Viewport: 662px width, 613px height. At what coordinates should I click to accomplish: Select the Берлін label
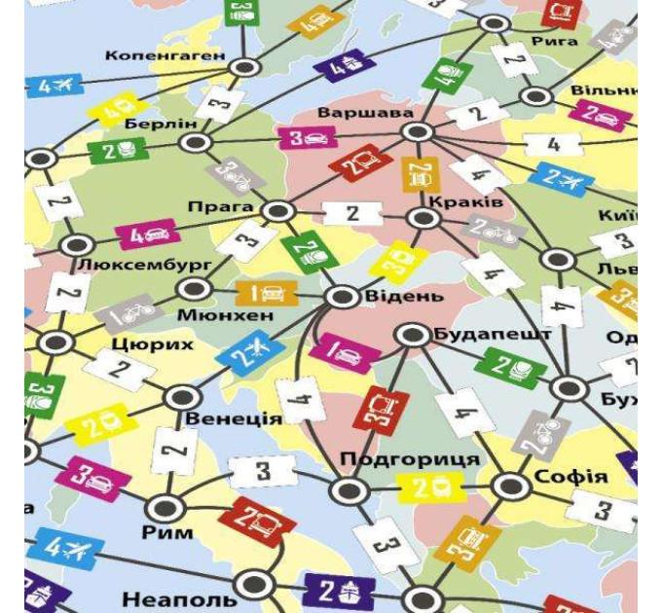161,124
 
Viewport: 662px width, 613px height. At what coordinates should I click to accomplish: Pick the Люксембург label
130,265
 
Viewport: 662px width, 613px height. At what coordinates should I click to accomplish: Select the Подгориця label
410,459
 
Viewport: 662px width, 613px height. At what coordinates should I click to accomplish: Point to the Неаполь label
179,598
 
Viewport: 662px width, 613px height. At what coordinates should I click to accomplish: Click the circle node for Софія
509,485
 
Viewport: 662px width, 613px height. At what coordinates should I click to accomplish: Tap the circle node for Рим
166,506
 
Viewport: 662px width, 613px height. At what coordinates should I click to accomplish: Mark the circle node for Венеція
181,396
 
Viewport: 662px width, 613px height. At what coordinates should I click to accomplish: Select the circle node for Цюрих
56,343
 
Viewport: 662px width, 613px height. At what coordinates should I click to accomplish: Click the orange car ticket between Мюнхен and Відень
267,292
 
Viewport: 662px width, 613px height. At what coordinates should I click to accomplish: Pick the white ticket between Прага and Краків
352,213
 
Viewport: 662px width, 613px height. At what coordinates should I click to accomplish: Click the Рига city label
556,42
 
